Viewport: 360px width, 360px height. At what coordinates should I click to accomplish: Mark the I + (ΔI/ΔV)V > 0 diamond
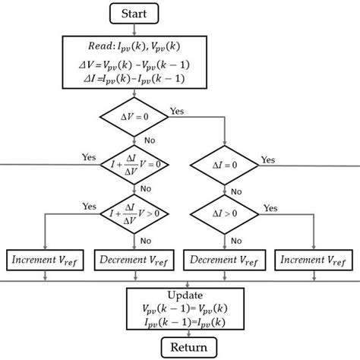(x=134, y=215)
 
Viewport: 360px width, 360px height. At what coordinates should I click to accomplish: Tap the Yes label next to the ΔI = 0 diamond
(x=268, y=159)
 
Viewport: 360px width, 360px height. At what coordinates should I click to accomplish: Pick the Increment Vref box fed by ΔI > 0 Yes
(x=313, y=261)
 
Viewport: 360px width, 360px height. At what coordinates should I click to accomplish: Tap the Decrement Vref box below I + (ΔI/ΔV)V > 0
(x=134, y=261)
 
